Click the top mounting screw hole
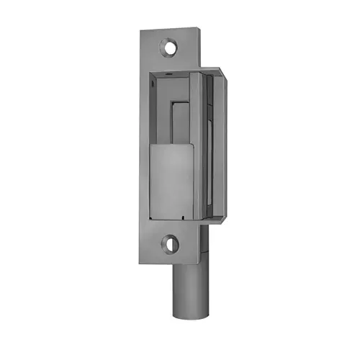point(169,48)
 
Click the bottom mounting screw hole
point(170,243)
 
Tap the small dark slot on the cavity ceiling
point(167,74)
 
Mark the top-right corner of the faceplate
point(198,29)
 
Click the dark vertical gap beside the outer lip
point(208,144)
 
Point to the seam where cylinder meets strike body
point(187,264)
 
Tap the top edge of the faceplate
point(169,30)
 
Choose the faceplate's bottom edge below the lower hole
point(170,262)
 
